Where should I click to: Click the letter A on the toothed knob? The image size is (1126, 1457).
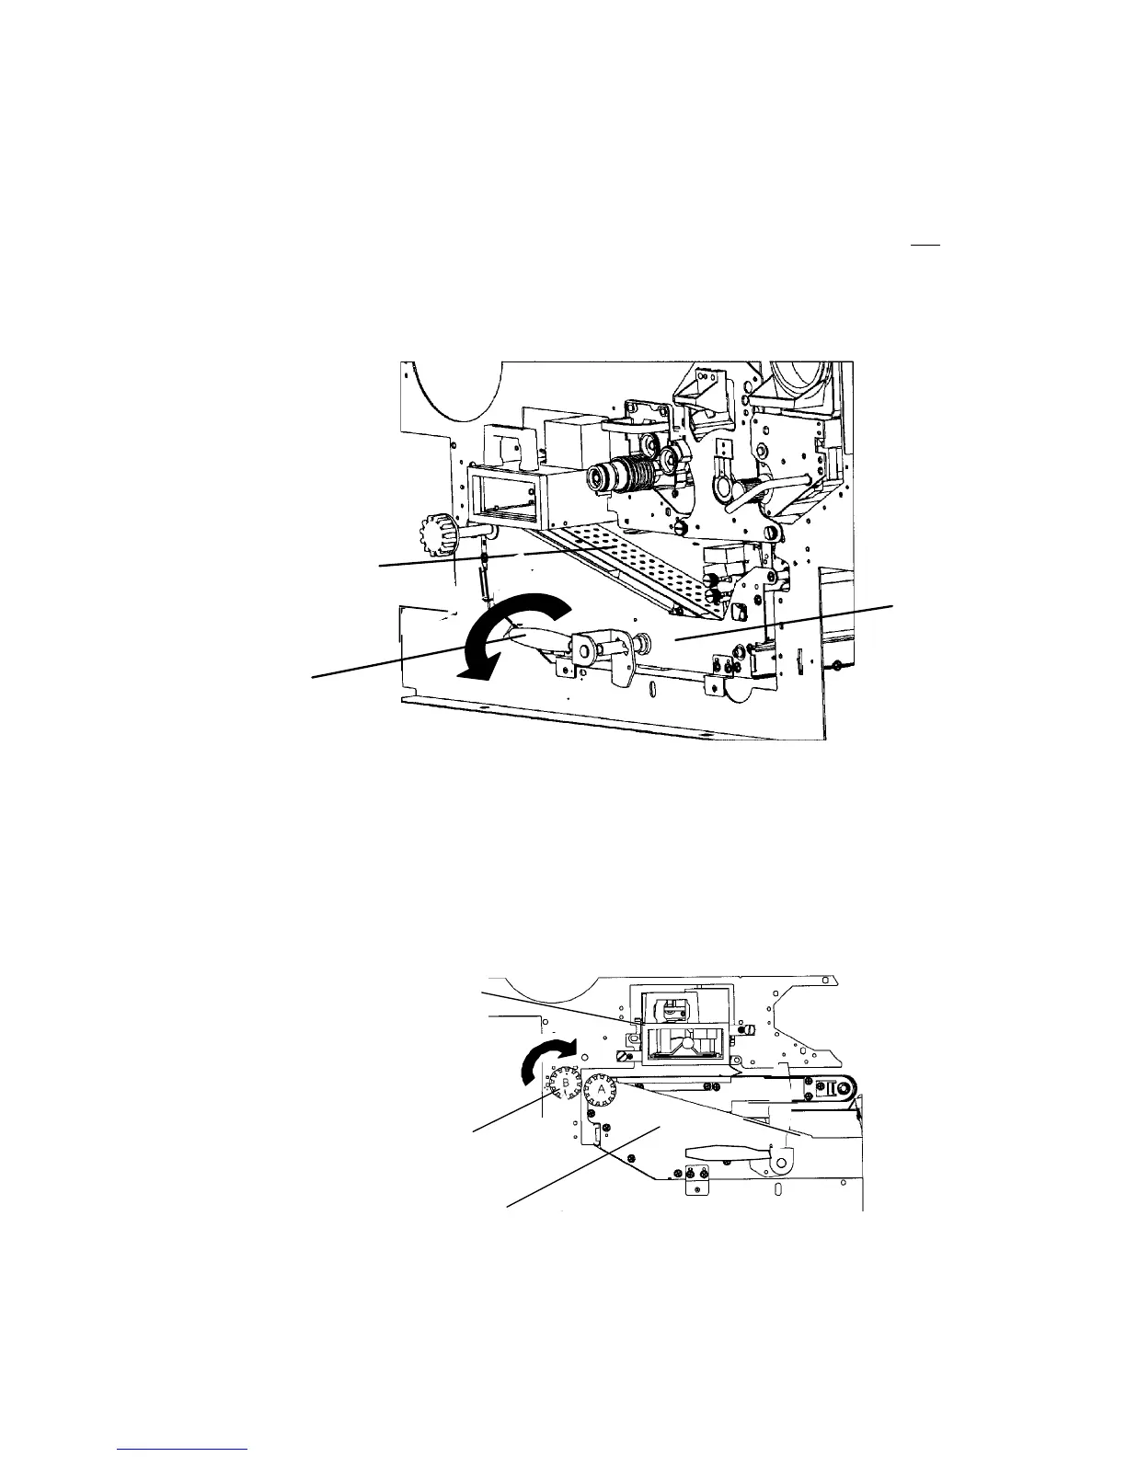(x=603, y=1088)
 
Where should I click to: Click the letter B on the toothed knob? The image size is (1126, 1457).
(x=565, y=1084)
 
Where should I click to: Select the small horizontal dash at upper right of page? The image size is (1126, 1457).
(x=923, y=246)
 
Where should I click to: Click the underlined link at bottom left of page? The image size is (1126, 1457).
(x=183, y=1448)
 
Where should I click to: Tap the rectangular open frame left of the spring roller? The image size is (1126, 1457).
(x=504, y=496)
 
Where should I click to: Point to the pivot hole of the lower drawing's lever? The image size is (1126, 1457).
(x=778, y=1163)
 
